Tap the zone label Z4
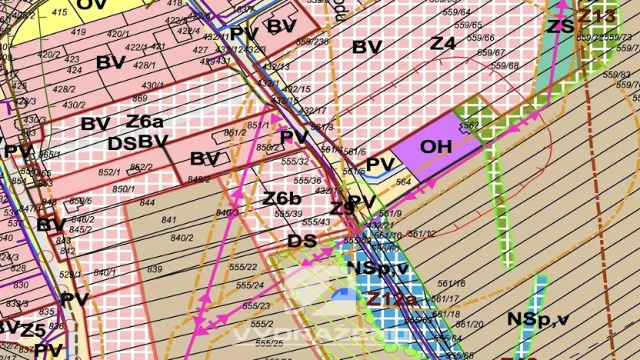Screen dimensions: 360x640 (x=442, y=44)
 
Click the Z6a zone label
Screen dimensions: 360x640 (x=145, y=122)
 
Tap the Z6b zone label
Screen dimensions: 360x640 (x=282, y=198)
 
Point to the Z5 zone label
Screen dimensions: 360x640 (x=32, y=331)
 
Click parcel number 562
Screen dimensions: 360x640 (x=472, y=125)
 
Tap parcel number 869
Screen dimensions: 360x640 (x=139, y=98)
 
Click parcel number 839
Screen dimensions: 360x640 (x=155, y=268)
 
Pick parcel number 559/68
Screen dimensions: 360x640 (x=505, y=65)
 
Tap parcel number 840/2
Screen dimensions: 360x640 (x=182, y=238)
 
